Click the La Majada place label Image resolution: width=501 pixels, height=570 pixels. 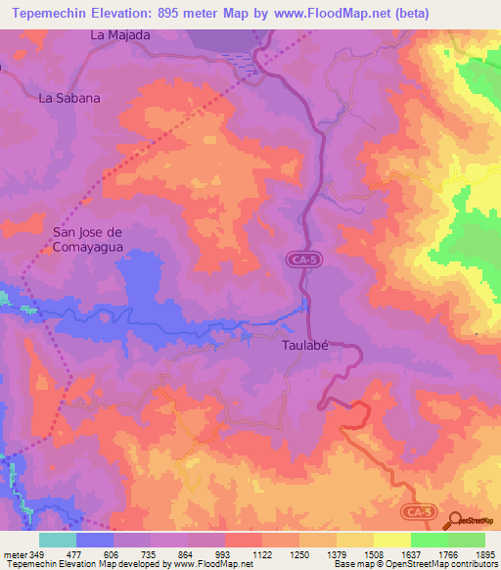120,35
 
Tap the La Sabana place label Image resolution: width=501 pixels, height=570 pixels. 69,98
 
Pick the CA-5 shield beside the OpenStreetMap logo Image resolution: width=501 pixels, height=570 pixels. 418,511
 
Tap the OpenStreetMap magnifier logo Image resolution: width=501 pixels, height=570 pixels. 457,520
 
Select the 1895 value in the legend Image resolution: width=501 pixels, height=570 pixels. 484,553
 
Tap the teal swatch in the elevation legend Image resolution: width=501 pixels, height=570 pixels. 58,540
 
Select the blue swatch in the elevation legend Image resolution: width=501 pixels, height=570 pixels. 95,540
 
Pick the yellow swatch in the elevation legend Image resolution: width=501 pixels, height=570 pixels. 392,540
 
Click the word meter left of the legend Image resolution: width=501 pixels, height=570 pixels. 14,553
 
